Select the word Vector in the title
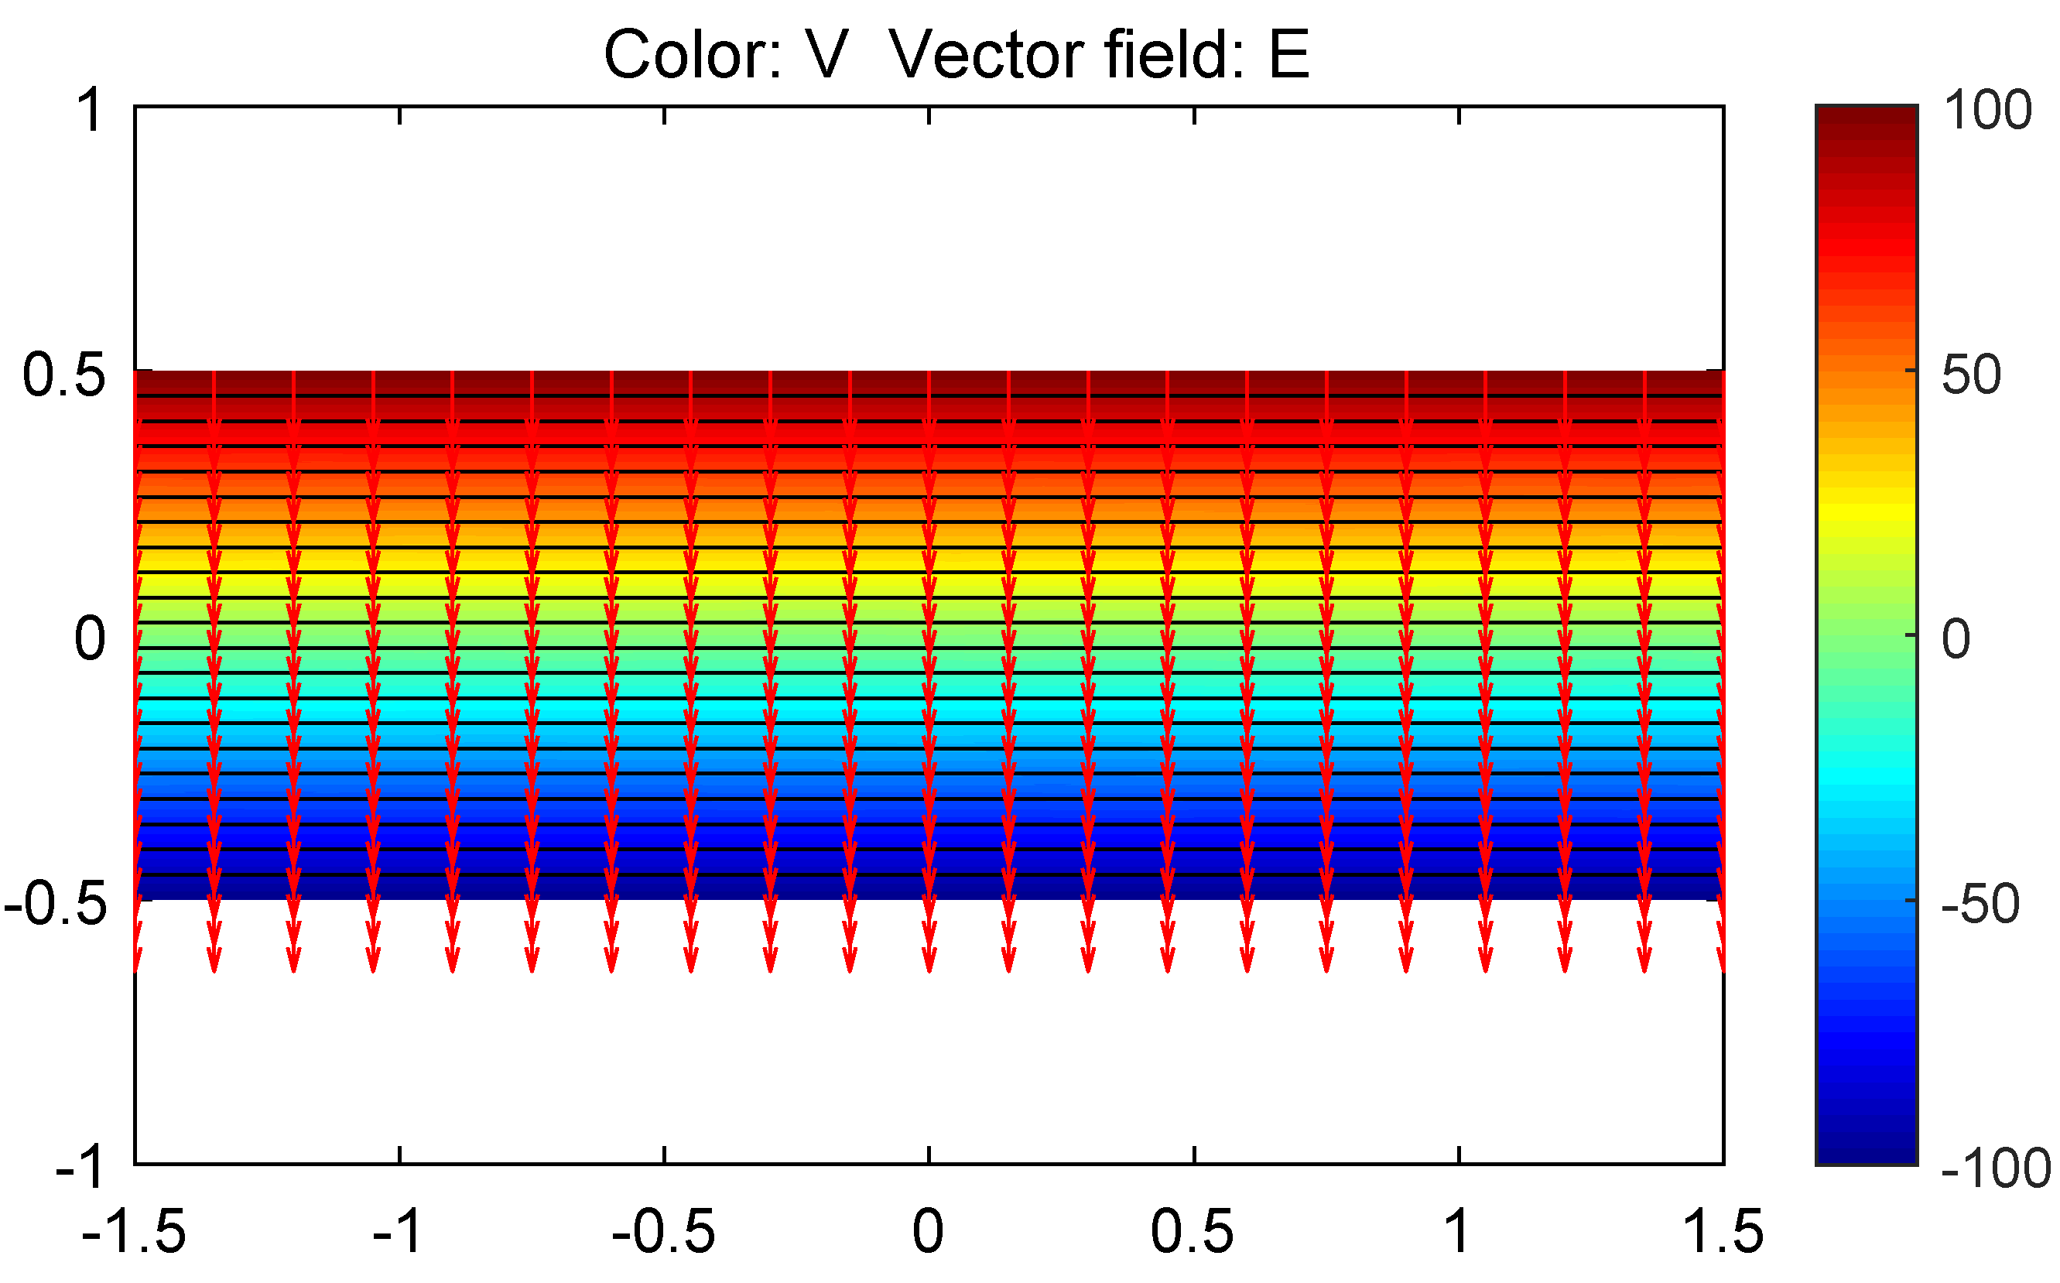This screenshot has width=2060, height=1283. (x=986, y=55)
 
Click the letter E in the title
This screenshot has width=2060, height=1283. (x=1288, y=55)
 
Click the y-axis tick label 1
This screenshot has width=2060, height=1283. (x=90, y=111)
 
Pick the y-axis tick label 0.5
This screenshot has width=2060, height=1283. (x=64, y=375)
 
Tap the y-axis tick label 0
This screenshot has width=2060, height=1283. (x=90, y=639)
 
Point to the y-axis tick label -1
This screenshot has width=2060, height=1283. (x=81, y=1168)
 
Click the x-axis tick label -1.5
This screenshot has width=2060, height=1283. (x=134, y=1232)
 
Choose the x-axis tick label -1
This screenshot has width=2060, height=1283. (x=397, y=1232)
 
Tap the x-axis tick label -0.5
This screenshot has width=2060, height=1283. (x=663, y=1232)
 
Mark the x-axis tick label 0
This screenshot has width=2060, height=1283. (x=928, y=1232)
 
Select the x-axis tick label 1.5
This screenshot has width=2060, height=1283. (x=1723, y=1232)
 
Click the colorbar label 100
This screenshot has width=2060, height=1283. (x=1987, y=111)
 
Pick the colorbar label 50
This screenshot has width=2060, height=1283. (x=1972, y=375)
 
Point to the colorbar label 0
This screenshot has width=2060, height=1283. (x=1956, y=639)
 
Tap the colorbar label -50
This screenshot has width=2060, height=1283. (x=1980, y=905)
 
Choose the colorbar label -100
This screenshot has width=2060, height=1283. (x=1996, y=1169)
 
